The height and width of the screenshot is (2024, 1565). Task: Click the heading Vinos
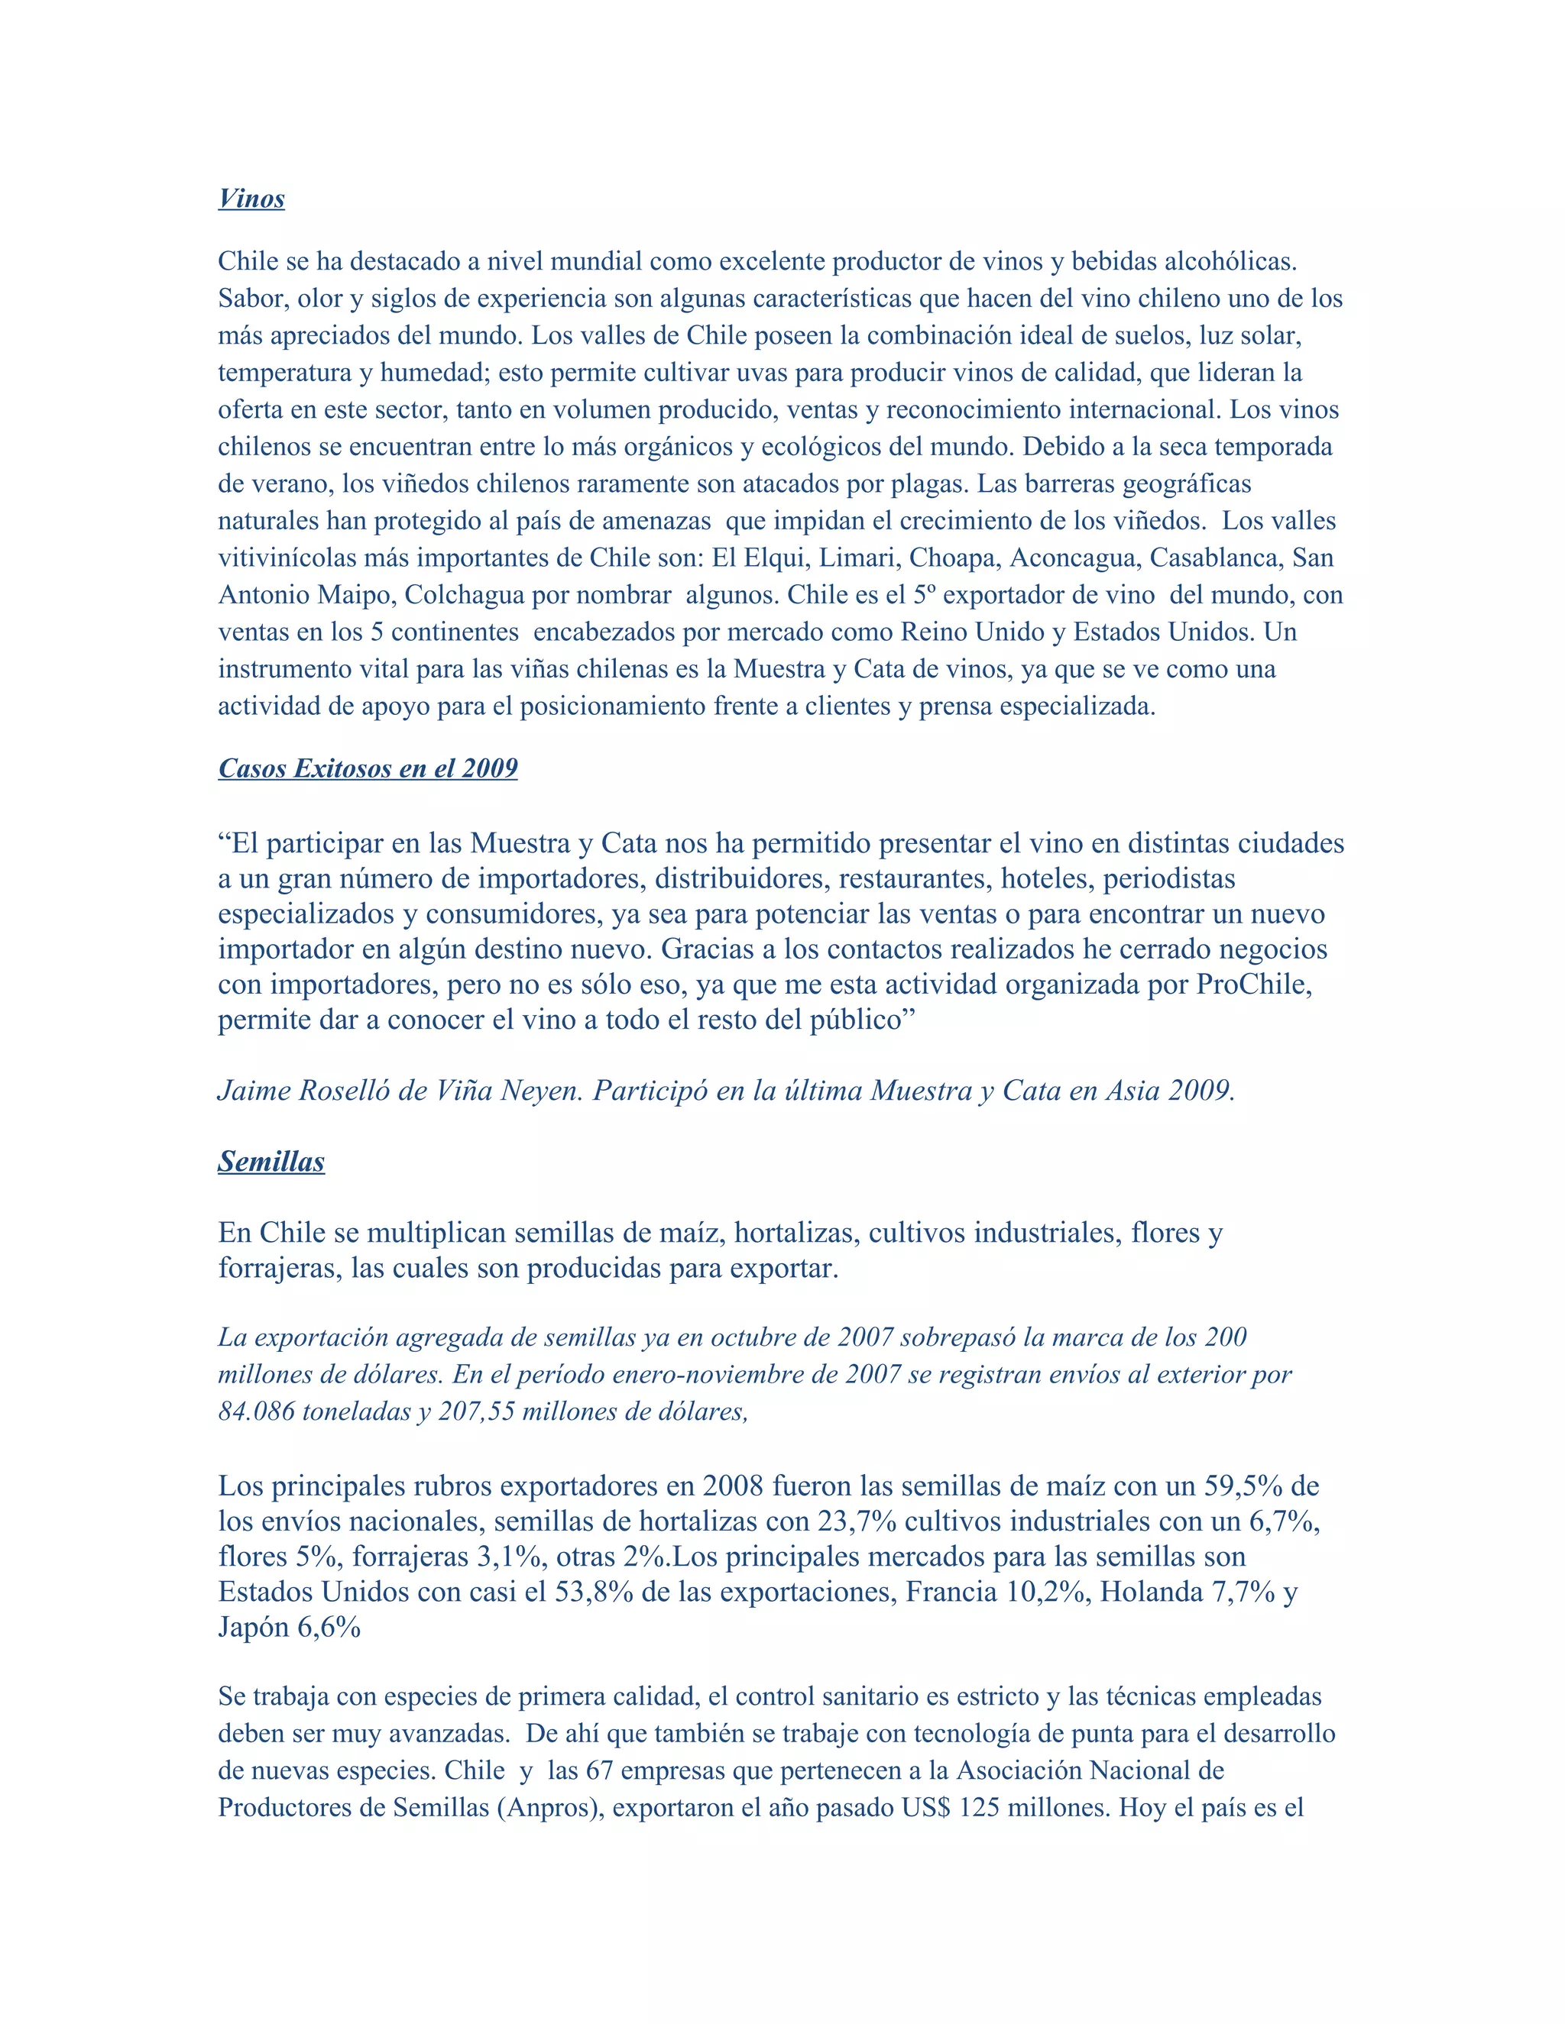click(x=251, y=199)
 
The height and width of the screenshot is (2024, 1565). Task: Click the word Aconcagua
click(x=1073, y=558)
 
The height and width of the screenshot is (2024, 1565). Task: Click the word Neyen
click(x=543, y=1091)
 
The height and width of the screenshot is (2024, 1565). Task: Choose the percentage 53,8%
click(x=595, y=1593)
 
